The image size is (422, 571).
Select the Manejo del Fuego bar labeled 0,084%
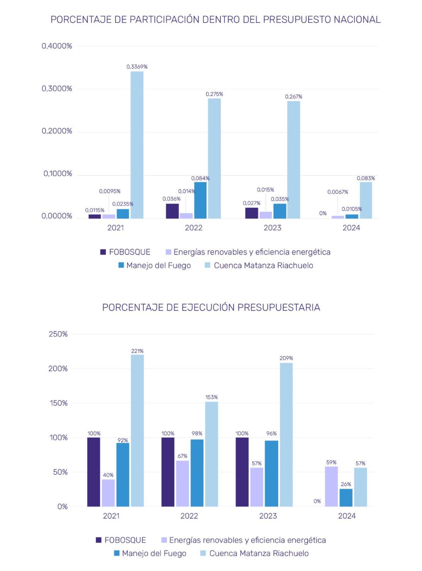(200, 200)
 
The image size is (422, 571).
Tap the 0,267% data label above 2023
(293, 96)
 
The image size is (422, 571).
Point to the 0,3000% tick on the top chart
(57, 89)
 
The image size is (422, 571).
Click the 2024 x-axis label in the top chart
(351, 228)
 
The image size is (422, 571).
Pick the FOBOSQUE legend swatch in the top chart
(103, 252)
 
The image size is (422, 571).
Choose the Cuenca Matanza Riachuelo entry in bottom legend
(259, 553)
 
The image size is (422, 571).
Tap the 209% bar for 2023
(286, 434)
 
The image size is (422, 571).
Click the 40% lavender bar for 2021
(108, 493)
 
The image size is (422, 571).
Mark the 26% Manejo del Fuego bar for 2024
(346, 497)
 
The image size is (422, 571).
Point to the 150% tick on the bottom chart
(58, 403)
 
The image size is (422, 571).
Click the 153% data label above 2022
(211, 397)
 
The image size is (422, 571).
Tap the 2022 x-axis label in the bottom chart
(189, 516)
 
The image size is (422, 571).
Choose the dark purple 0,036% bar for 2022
(172, 211)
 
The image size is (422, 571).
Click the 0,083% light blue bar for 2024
(366, 200)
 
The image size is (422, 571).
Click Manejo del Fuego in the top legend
(158, 265)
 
